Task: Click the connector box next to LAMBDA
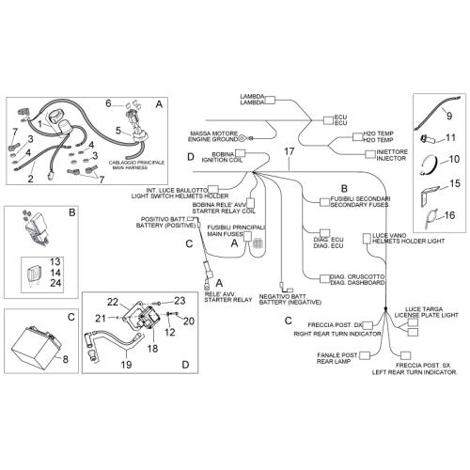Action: [270, 100]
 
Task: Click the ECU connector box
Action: [329, 120]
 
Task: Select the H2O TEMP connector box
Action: [357, 136]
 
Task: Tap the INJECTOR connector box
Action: [370, 154]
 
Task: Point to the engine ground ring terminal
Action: [243, 138]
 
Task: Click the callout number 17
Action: [289, 151]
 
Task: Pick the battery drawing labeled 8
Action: [36, 347]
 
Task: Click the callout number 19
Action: [126, 365]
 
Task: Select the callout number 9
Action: [449, 116]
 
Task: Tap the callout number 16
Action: [449, 215]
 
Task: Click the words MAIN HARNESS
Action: [130, 167]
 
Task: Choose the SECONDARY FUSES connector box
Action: [324, 202]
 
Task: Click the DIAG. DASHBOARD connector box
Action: [324, 279]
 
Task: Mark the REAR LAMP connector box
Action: [364, 355]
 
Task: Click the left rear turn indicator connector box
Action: [406, 355]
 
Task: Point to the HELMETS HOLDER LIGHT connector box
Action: [367, 239]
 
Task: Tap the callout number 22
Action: [113, 302]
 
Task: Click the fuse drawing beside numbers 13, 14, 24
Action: [34, 275]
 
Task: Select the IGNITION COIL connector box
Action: [240, 153]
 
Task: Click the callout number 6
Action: [108, 103]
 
